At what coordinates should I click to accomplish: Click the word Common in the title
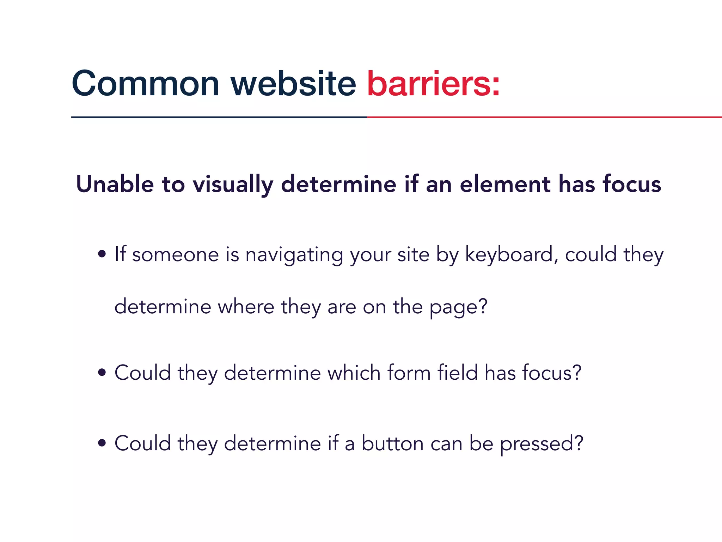click(145, 84)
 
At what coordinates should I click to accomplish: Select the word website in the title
click(293, 84)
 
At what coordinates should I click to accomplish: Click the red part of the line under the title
click(543, 117)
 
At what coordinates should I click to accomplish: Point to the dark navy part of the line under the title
click(219, 117)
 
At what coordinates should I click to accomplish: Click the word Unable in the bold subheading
click(115, 184)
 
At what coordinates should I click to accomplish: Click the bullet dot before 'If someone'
click(102, 254)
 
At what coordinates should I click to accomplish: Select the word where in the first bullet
click(246, 306)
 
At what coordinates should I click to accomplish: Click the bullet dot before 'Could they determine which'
click(102, 372)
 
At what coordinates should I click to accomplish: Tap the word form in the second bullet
click(409, 373)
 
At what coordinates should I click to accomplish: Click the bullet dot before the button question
click(102, 443)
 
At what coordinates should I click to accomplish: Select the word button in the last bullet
click(392, 443)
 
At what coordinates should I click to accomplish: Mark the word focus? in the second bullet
click(551, 373)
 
